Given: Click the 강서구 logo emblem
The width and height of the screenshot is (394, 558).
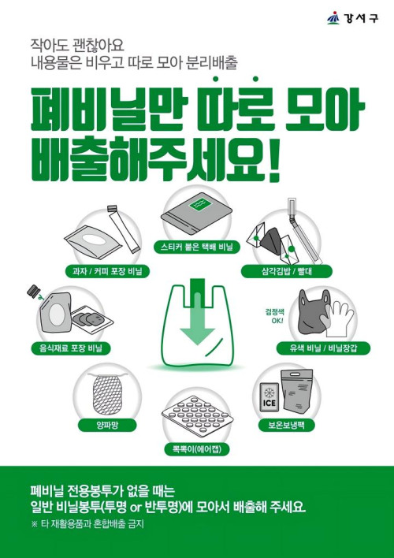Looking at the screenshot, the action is point(333,18).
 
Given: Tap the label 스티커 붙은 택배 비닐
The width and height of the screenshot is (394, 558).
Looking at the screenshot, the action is point(197,247).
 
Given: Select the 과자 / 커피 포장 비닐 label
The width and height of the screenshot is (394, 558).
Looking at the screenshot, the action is point(107,272).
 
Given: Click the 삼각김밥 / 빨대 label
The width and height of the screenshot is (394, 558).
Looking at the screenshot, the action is point(287,272).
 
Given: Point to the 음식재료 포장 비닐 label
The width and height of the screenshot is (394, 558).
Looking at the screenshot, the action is point(71,348).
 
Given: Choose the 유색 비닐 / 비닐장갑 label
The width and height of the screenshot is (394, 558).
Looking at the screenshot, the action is point(323,348).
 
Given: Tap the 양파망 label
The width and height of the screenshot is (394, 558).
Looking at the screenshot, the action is point(107,425).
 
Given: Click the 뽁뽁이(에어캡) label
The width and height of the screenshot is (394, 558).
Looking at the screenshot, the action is point(197,449).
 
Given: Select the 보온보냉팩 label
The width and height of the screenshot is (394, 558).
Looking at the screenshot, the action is point(287,425).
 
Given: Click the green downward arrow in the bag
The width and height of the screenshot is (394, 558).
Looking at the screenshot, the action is point(197,312).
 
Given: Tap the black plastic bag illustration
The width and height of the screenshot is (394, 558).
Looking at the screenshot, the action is point(312,311).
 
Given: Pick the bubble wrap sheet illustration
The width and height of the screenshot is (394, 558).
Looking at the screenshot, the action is point(197,415).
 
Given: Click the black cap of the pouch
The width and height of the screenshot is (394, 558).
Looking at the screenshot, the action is point(33,292).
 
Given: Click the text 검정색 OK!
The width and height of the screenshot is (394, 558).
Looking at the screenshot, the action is point(274,316).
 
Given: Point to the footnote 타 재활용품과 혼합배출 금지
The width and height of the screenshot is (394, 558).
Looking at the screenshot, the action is point(87,524).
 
